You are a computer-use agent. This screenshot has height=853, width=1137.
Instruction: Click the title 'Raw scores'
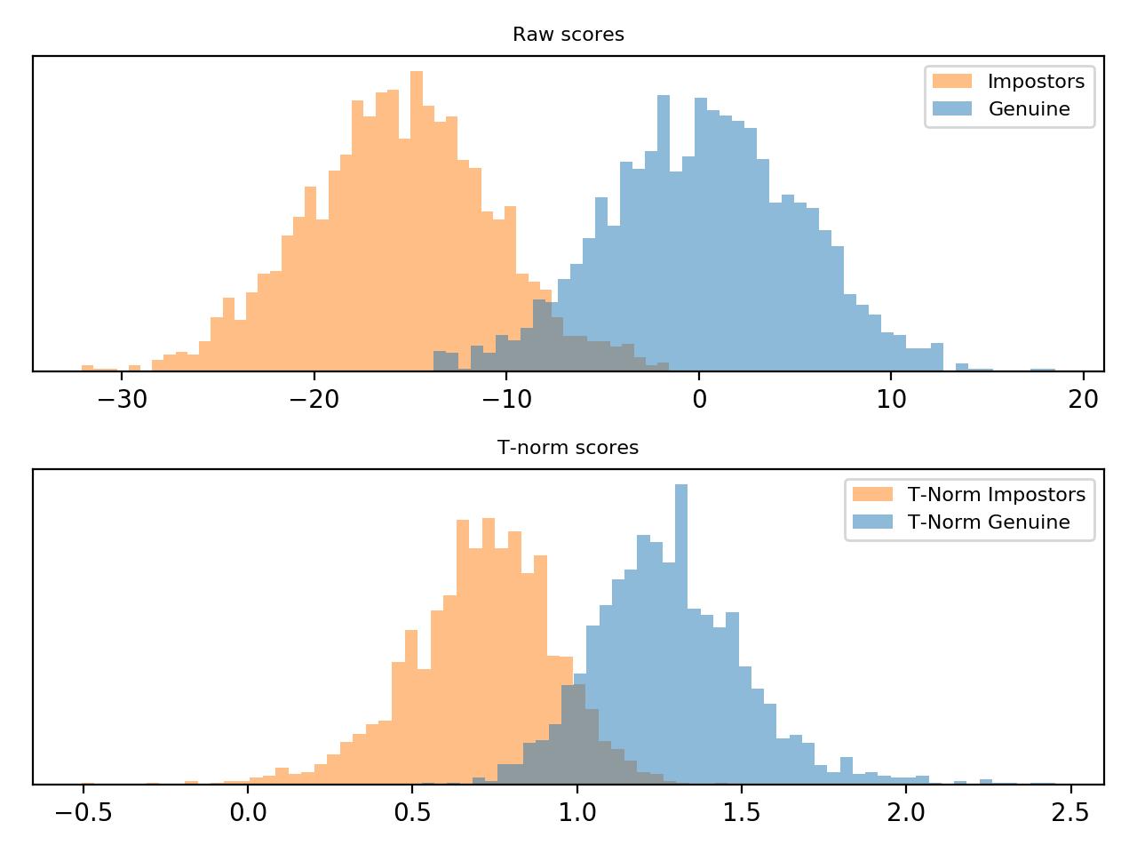[568, 35]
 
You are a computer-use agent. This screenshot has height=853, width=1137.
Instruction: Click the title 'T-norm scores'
[568, 448]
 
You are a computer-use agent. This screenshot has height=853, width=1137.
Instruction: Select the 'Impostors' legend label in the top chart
[1036, 82]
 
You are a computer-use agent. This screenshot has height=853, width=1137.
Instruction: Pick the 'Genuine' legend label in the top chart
[1029, 109]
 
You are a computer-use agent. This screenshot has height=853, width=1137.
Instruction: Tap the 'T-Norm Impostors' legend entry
[996, 495]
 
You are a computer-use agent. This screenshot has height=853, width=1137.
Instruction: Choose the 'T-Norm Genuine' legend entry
[989, 522]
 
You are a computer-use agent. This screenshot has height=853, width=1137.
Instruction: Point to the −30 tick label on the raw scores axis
[121, 399]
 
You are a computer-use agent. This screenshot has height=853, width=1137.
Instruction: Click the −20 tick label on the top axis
[314, 399]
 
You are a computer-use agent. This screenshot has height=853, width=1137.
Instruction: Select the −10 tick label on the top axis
[506, 399]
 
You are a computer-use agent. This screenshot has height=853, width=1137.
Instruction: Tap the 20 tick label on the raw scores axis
[1084, 399]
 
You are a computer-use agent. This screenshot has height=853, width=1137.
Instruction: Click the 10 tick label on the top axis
[892, 399]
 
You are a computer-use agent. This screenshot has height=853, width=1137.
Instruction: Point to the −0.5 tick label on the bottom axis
[83, 812]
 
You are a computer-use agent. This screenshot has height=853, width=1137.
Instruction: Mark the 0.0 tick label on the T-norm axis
[248, 812]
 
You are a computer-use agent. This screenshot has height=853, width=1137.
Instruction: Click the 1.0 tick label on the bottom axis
[576, 812]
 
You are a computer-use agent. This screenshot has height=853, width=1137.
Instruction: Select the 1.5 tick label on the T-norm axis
[741, 812]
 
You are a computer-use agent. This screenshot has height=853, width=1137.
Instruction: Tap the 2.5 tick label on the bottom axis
[1070, 812]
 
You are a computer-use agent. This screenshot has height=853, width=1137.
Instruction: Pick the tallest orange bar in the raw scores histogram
[417, 222]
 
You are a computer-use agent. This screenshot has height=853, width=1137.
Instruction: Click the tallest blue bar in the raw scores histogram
[663, 231]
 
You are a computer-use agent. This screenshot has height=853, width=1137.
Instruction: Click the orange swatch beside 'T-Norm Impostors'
[872, 495]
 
